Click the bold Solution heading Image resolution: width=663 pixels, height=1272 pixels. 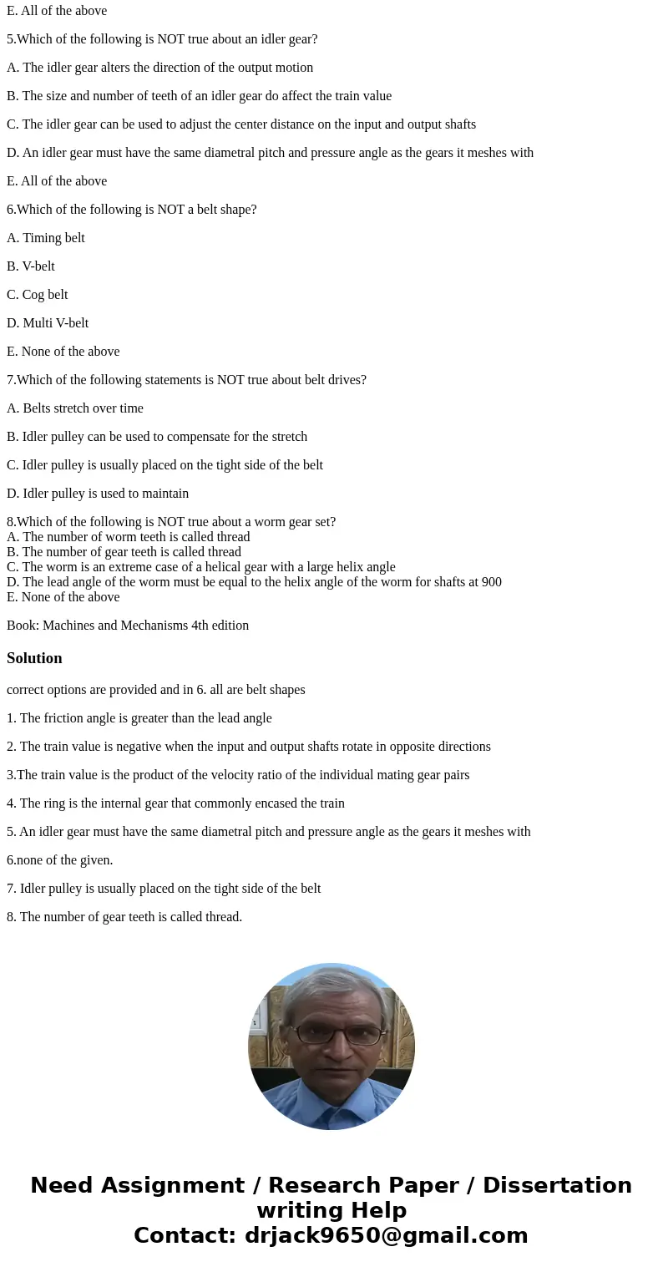click(x=34, y=658)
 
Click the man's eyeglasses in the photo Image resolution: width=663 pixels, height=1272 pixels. click(x=331, y=1034)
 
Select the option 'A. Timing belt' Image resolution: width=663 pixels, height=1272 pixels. click(x=46, y=238)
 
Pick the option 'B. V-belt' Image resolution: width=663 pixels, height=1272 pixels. click(x=31, y=266)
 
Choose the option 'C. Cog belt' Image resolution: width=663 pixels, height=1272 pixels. click(x=38, y=295)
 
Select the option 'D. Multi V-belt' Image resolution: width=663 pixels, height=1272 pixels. click(x=48, y=323)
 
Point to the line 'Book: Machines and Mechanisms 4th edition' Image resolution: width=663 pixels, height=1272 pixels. click(x=128, y=626)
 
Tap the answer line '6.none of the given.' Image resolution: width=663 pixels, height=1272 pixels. click(x=59, y=860)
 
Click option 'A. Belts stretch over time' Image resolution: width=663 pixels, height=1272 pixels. click(x=75, y=408)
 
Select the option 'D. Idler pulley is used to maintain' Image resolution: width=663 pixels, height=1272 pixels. click(x=98, y=494)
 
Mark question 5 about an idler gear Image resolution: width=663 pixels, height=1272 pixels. click(x=162, y=39)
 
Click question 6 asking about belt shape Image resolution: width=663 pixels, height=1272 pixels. click(x=132, y=210)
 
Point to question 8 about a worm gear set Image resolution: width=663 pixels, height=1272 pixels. click(x=171, y=522)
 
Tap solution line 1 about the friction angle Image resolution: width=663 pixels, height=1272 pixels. click(x=139, y=718)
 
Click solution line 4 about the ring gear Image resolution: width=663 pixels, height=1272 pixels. click(x=175, y=803)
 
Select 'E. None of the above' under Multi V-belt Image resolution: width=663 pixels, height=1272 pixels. click(x=63, y=352)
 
